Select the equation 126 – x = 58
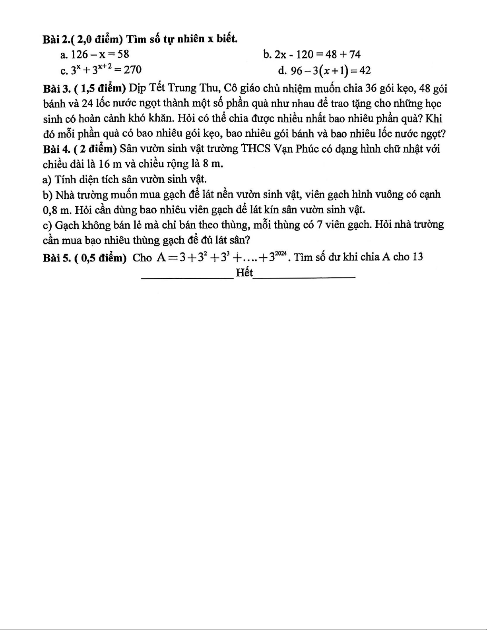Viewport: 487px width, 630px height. (98, 54)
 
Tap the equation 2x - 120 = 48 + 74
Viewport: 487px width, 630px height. (311, 54)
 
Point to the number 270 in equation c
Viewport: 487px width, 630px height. (133, 70)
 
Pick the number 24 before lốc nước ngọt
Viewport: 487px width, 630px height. (88, 104)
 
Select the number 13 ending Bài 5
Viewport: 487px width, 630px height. (417, 257)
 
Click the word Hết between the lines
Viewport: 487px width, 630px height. (244, 273)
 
